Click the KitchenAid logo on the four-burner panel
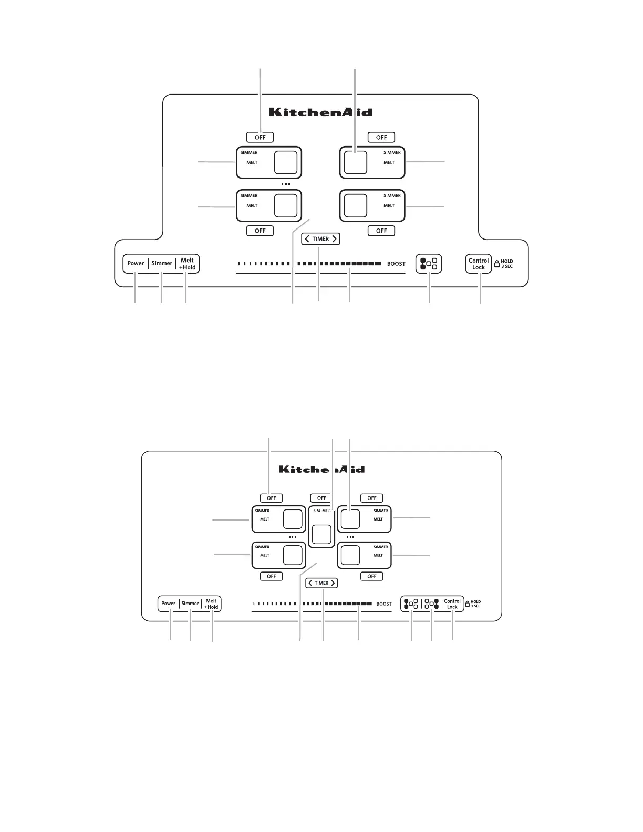click(x=320, y=112)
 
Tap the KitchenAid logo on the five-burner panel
click(x=321, y=469)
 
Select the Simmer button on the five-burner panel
click(x=190, y=604)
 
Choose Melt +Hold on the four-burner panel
click(x=188, y=264)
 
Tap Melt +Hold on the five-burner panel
click(x=211, y=604)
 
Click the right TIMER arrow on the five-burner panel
click(x=333, y=583)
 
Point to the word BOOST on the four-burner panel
click(x=396, y=264)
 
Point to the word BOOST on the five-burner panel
click(x=384, y=604)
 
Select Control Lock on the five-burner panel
click(x=452, y=604)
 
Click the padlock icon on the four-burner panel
click(x=497, y=264)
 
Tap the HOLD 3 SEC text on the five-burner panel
click(x=475, y=604)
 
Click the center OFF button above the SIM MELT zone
click(x=321, y=498)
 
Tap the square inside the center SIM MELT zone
click(x=321, y=534)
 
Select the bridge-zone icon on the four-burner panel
click(x=429, y=264)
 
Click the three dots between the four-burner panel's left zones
click(x=285, y=184)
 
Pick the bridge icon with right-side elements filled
click(x=432, y=604)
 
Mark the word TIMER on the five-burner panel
click(x=321, y=583)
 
